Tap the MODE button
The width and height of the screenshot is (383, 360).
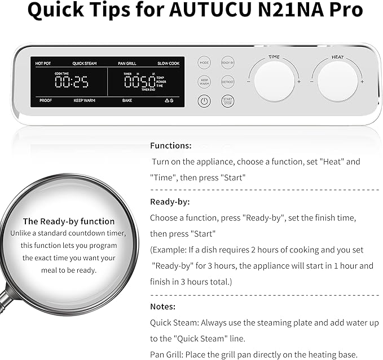click(204, 63)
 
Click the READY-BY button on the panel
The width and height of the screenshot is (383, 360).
click(228, 63)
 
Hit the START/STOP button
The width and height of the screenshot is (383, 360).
click(228, 101)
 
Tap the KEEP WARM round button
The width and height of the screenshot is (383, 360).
click(204, 82)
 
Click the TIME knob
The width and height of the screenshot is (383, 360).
click(274, 81)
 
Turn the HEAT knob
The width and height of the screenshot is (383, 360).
click(337, 81)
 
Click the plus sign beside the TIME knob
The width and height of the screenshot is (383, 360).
click(299, 82)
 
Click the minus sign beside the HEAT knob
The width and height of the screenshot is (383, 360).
click(312, 82)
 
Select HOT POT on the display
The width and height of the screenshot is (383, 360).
click(43, 64)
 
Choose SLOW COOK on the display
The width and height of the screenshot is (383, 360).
click(168, 64)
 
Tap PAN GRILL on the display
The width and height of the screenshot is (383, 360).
click(127, 64)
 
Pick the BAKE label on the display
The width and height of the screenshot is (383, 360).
click(127, 100)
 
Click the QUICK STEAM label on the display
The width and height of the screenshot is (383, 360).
click(85, 64)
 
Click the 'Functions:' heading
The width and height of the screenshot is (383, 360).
click(170, 145)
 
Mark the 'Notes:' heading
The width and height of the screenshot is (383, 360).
click(162, 307)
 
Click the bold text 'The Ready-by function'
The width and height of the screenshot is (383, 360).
click(68, 221)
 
